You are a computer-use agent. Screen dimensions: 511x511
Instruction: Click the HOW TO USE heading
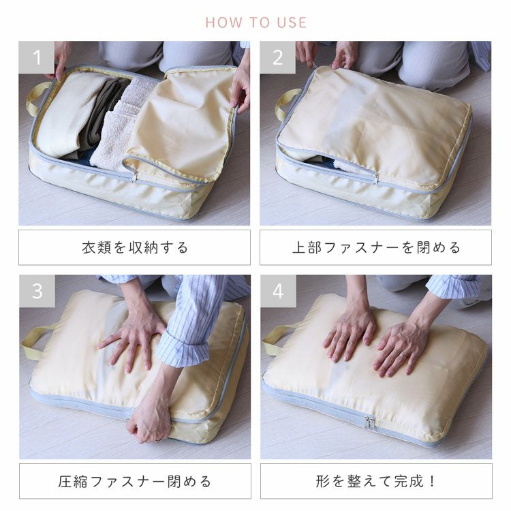[x=255, y=22]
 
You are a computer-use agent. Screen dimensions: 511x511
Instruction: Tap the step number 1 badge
[x=37, y=57]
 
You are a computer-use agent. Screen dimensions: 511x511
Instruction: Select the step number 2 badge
[x=277, y=57]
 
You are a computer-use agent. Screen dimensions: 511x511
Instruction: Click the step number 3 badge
[x=37, y=291]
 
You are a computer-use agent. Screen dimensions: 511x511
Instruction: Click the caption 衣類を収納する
[x=134, y=247]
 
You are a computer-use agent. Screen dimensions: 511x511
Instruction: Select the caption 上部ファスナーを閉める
[x=375, y=247]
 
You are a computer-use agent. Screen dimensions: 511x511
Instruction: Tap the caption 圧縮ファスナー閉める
[x=134, y=481]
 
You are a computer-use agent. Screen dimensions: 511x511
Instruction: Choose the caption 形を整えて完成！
[x=375, y=481]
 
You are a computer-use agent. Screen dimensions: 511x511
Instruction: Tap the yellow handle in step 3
[x=35, y=341]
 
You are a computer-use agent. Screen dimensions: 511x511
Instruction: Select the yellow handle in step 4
[x=274, y=339]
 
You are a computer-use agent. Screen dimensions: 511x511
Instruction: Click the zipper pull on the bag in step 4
[x=369, y=422]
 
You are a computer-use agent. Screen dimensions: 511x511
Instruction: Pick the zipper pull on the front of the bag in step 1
[x=135, y=176]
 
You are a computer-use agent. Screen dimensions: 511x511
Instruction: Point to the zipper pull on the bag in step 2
[x=375, y=178]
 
